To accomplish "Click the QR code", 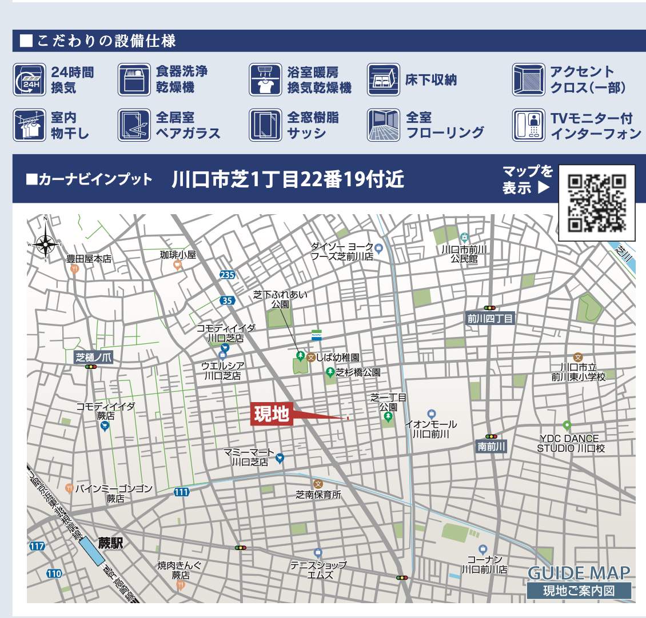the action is pyautogui.click(x=596, y=203).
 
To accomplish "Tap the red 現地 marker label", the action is pyautogui.click(x=272, y=414).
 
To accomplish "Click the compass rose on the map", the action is pyautogui.click(x=45, y=245).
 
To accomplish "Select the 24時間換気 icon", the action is pyautogui.click(x=28, y=79).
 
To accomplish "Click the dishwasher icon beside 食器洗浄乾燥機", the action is pyautogui.click(x=133, y=79).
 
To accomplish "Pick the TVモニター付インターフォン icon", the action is pyautogui.click(x=528, y=125).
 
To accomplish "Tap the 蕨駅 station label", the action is pyautogui.click(x=110, y=543).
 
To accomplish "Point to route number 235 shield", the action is pyautogui.click(x=227, y=275).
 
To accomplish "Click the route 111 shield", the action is pyautogui.click(x=181, y=492).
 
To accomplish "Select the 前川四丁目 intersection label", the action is pyautogui.click(x=491, y=319).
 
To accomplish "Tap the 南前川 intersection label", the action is pyautogui.click(x=492, y=447).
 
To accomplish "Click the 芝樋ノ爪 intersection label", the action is pyautogui.click(x=94, y=358).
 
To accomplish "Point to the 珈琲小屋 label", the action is pyautogui.click(x=178, y=255).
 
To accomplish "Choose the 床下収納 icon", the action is pyautogui.click(x=382, y=79).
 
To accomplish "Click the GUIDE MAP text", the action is pyautogui.click(x=579, y=573).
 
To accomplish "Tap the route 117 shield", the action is pyautogui.click(x=37, y=547).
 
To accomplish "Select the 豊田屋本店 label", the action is pyautogui.click(x=89, y=259).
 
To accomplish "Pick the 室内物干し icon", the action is pyautogui.click(x=28, y=125).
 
